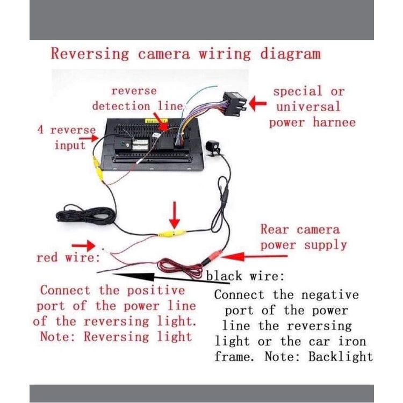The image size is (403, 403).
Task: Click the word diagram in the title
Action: pyautogui.click(x=290, y=54)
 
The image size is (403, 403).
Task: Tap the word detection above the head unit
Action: pyautogui.click(x=119, y=106)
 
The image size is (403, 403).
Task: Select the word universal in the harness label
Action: pyautogui.click(x=308, y=106)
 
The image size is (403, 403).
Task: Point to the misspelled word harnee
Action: pyautogui.click(x=335, y=122)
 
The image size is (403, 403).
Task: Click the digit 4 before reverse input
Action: pyautogui.click(x=40, y=130)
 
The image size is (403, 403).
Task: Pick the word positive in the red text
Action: pyautogui.click(x=155, y=290)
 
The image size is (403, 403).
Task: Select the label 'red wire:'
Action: pyautogui.click(x=68, y=258)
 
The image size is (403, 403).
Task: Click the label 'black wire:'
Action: pyautogui.click(x=245, y=276)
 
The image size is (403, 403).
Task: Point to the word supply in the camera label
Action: pyautogui.click(x=325, y=245)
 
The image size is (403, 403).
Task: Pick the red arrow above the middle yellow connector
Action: pyautogui.click(x=174, y=216)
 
